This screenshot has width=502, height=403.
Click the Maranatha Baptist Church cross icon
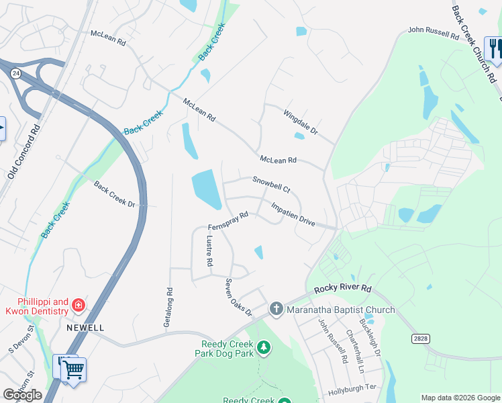coord(276,309)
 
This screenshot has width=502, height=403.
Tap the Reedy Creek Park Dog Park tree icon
coord(264,348)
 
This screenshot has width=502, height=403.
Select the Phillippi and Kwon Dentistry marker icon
coord(79,306)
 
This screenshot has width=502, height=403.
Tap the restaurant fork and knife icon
coord(494,48)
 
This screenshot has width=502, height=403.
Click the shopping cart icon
coord(74,369)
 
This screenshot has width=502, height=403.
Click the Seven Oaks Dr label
coord(238,298)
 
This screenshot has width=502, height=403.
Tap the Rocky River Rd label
coord(342,289)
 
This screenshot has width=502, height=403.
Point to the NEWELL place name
coord(85,327)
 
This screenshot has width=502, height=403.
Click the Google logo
coord(22,395)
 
